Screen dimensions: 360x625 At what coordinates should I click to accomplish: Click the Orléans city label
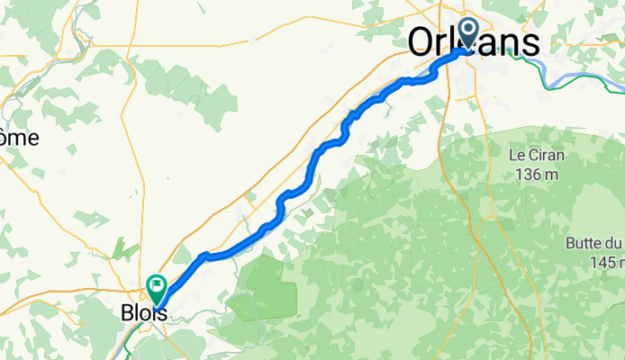475,42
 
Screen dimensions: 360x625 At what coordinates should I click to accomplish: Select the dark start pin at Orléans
468,32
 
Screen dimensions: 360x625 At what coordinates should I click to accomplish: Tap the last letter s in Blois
161,315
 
